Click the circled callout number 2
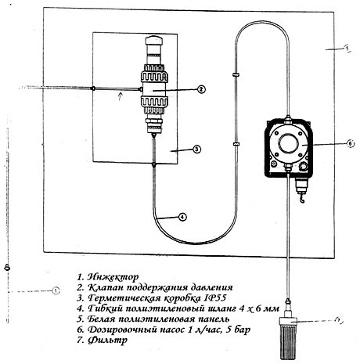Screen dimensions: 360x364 pyautogui.click(x=200, y=89)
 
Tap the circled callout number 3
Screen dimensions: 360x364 pyautogui.click(x=196, y=150)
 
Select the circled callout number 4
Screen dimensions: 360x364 pyautogui.click(x=182, y=217)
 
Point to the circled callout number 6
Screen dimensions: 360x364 pyautogui.click(x=350, y=144)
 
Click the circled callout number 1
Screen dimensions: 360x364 pyautogui.click(x=56, y=290)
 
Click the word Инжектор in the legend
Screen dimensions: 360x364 pyautogui.click(x=113, y=277)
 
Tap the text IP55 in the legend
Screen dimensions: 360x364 pyautogui.click(x=217, y=298)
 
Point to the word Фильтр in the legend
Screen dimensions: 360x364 pyautogui.click(x=107, y=341)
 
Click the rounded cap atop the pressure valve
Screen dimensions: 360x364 pyautogui.click(x=154, y=41)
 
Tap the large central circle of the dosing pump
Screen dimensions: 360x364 pyautogui.click(x=288, y=142)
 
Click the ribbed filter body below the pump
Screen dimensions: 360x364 pyautogui.click(x=289, y=343)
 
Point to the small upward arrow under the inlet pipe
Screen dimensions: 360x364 pyautogui.click(x=120, y=96)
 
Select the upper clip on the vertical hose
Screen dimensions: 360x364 pyautogui.click(x=236, y=75)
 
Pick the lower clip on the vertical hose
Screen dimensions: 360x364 pyautogui.click(x=236, y=144)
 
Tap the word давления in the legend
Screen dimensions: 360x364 pyautogui.click(x=211, y=287)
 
